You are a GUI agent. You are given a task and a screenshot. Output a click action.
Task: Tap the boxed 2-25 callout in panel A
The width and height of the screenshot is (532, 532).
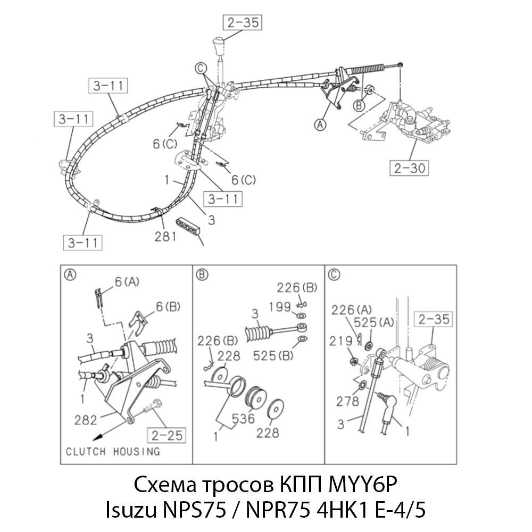pos(165,436)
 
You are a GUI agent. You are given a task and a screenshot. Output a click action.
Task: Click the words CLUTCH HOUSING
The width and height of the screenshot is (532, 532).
pos(112,452)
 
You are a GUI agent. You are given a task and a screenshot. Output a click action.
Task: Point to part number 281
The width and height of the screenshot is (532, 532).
pos(165,236)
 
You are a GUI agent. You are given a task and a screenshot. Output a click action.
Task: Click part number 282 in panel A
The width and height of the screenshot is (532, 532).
pos(86,420)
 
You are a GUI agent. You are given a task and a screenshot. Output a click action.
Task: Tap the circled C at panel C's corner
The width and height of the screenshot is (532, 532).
pos(334,275)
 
